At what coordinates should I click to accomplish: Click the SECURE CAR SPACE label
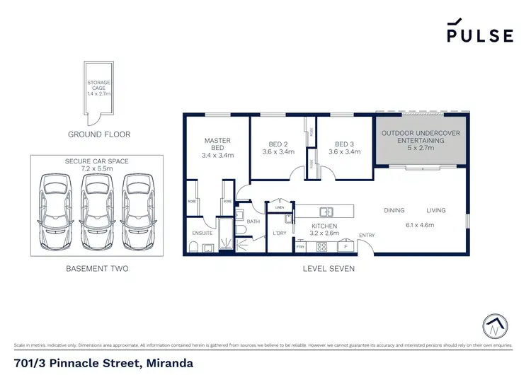(x=96, y=161)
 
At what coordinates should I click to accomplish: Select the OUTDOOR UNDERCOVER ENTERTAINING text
(x=418, y=137)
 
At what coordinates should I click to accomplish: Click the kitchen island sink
(x=326, y=211)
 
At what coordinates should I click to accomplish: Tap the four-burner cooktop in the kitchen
(x=321, y=246)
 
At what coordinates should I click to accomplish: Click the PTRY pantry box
(x=300, y=247)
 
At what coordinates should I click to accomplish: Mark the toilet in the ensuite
(x=193, y=246)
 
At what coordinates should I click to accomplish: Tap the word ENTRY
(x=367, y=236)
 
